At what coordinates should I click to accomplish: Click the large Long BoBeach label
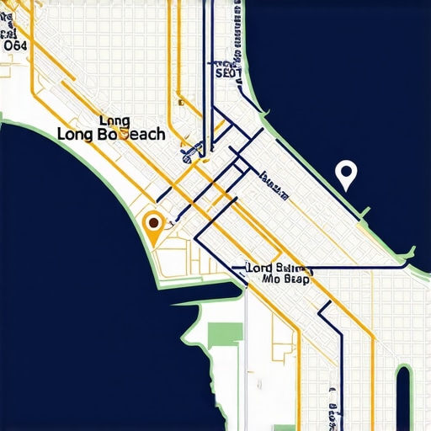coord(110,134)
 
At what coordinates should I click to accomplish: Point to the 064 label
coord(16,46)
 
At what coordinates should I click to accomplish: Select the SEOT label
coord(228,73)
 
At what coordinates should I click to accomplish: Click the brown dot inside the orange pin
coord(153,224)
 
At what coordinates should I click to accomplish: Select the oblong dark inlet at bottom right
coord(403,396)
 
